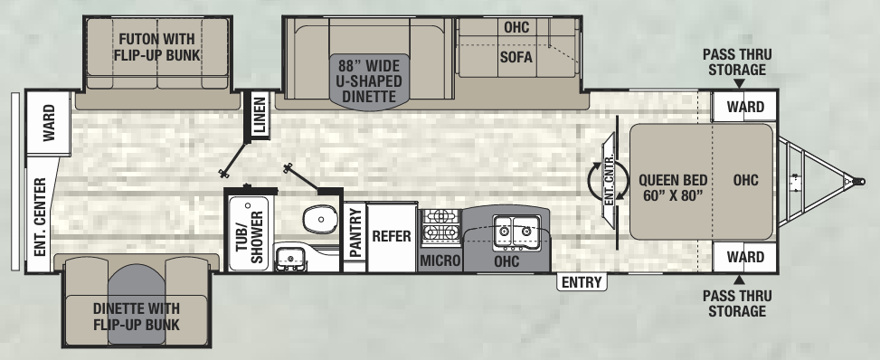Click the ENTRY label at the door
pos(582,282)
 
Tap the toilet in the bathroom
pos(317,218)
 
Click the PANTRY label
pos(355,233)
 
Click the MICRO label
pos(440,261)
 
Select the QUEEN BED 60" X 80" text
pos(670,186)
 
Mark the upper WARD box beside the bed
pos(745,107)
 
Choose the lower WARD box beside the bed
pos(745,258)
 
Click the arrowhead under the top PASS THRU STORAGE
pos(739,84)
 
